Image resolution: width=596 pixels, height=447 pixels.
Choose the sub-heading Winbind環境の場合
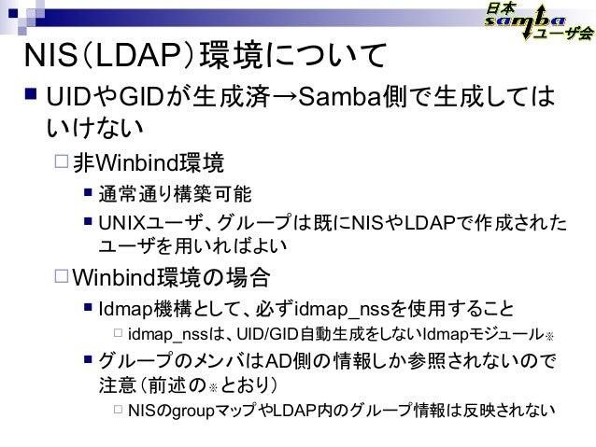click(x=173, y=277)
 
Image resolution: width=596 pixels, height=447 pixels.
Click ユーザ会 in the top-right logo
click(x=564, y=35)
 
